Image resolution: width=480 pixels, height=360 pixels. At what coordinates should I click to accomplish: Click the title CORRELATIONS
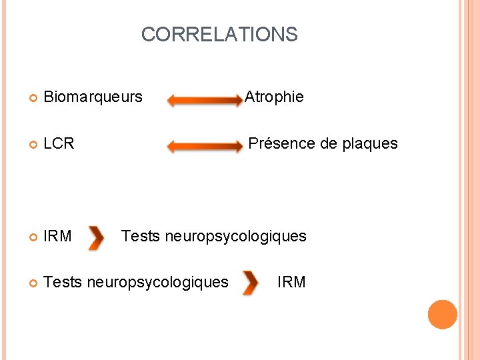coord(219,35)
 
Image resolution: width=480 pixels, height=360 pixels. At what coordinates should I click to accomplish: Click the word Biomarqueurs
coord(93,97)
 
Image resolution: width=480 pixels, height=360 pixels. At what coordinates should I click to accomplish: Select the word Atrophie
coord(274,97)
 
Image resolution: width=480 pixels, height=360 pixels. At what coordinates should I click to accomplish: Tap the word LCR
coord(59,143)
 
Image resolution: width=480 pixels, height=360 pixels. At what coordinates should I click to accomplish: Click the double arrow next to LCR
coord(205,146)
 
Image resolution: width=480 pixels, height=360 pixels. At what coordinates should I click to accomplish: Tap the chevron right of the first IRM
coord(96,238)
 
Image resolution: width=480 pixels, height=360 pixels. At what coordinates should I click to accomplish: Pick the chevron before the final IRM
coord(250,283)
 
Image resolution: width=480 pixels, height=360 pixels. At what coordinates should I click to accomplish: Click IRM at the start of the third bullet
coord(57,236)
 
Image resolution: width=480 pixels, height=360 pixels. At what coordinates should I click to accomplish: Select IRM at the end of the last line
coord(291,282)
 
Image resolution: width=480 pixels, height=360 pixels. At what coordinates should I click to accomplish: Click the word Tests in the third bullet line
coord(141,236)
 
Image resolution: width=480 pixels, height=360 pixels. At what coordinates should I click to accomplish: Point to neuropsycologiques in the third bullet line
coord(235,236)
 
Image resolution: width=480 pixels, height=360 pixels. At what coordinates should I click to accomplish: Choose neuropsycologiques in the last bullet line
coord(157,282)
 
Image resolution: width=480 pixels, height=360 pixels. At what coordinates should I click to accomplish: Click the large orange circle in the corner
coord(443,315)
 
